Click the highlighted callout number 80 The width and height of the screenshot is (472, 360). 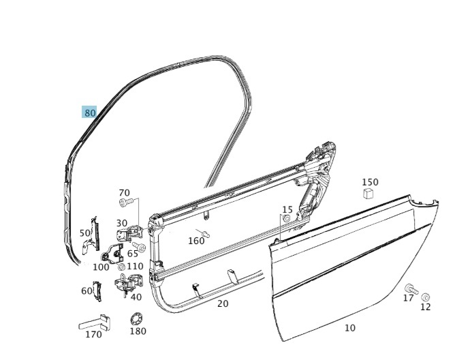(90, 112)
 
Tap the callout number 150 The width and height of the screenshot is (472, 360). (370, 182)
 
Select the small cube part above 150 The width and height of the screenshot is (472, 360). (368, 194)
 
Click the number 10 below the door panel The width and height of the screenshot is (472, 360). (349, 328)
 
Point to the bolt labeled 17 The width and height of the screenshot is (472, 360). (409, 288)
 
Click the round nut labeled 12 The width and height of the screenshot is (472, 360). (426, 297)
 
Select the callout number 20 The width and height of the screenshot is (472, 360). (223, 303)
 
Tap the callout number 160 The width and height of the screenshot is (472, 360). (196, 241)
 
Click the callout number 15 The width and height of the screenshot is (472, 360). (287, 209)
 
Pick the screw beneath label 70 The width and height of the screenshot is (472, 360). (124, 202)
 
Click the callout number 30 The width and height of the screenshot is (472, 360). (121, 223)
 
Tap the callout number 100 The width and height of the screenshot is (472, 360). (101, 267)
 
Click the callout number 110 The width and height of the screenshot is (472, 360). (135, 267)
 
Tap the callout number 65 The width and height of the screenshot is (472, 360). (132, 254)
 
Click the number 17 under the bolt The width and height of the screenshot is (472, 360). (408, 298)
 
